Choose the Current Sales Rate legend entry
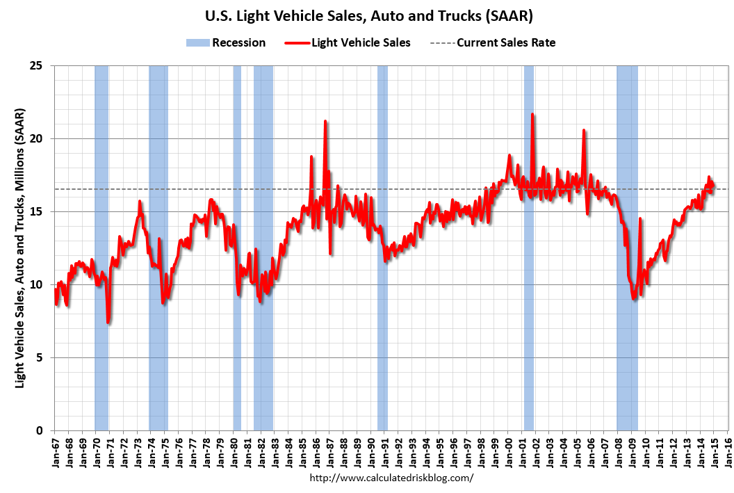[505, 42]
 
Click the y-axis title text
[20, 248]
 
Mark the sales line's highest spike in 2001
[532, 114]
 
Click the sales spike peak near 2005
[584, 130]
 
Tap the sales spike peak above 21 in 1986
[325, 121]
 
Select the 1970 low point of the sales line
[108, 322]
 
